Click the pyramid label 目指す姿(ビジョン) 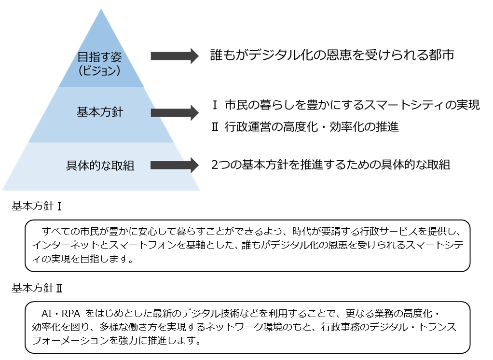[x=100, y=63]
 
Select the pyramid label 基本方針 [x=100, y=112]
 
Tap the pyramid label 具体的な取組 [x=100, y=166]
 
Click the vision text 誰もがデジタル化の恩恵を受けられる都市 [x=332, y=55]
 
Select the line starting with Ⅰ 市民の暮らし [x=346, y=105]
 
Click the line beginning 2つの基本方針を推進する [x=331, y=165]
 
